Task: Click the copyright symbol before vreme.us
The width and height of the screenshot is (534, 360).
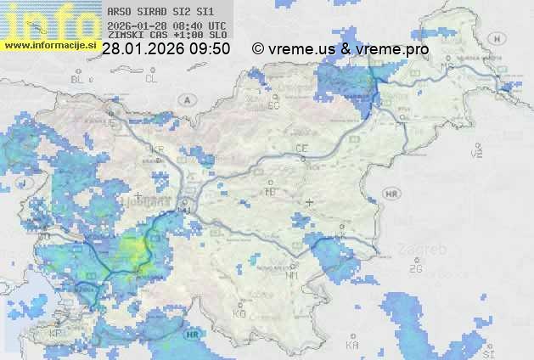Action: (x=257, y=49)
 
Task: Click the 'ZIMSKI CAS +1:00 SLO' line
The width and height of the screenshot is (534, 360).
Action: (x=167, y=36)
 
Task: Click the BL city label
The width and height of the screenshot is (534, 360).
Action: (x=79, y=79)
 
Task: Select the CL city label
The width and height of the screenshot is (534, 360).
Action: (x=151, y=79)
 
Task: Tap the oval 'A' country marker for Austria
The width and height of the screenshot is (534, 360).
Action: (x=186, y=99)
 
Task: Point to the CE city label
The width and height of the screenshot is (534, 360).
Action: (x=301, y=149)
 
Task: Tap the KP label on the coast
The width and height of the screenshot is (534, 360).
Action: (x=56, y=333)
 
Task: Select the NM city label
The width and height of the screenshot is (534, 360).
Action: (x=293, y=275)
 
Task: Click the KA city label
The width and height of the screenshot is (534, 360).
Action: (x=352, y=346)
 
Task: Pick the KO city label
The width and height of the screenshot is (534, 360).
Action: (x=239, y=313)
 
